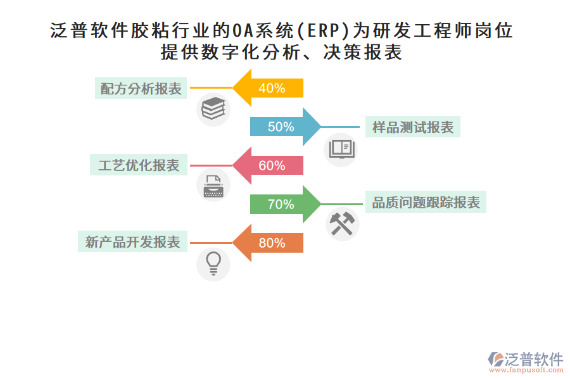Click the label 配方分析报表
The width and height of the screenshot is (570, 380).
click(141, 89)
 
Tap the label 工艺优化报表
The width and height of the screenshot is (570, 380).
click(139, 166)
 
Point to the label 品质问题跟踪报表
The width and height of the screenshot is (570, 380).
click(426, 203)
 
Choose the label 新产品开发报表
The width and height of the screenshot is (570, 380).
click(132, 243)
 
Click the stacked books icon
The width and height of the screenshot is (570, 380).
click(213, 109)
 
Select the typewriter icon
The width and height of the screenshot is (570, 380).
click(213, 185)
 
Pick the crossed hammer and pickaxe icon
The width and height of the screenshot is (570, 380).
click(343, 224)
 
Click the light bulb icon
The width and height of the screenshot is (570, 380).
click(213, 263)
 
